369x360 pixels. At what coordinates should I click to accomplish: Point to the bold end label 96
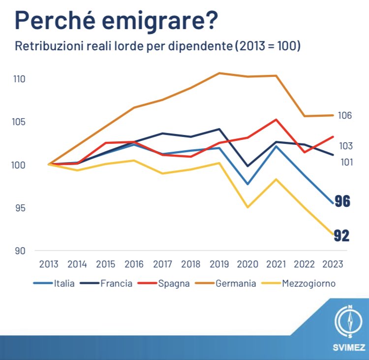342,201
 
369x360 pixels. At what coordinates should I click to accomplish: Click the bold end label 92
342,236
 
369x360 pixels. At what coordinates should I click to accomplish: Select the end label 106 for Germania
345,115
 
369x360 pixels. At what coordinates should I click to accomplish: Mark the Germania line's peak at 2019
219,73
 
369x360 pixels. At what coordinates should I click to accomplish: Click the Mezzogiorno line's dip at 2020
247,207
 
